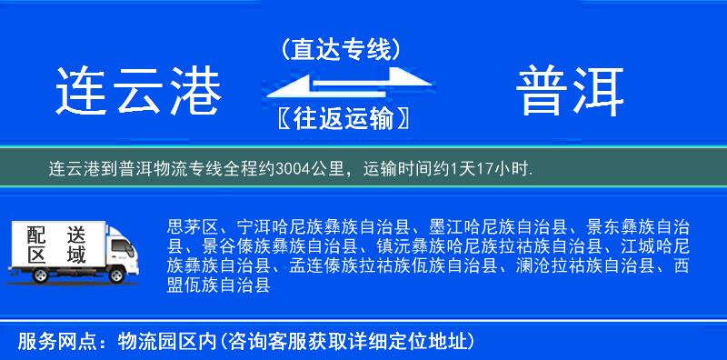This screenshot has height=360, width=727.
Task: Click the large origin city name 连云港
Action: click(x=138, y=91)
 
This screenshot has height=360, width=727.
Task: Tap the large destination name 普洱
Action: click(x=572, y=91)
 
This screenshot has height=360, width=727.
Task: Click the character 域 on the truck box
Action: click(x=75, y=255)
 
